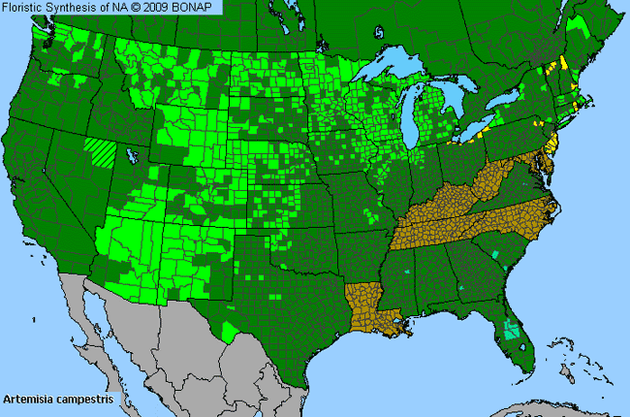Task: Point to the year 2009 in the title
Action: tap(165, 8)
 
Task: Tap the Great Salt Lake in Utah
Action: tap(131, 155)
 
